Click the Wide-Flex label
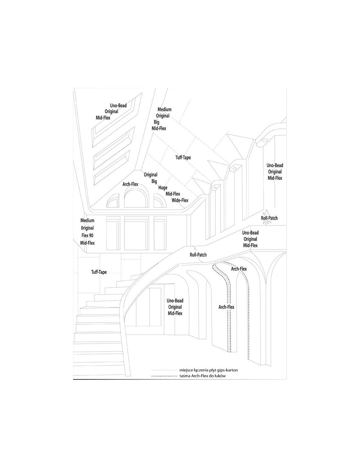(x=180, y=200)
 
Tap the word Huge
(x=163, y=188)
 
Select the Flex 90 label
(x=87, y=235)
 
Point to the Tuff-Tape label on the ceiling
(x=183, y=157)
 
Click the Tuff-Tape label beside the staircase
(x=99, y=272)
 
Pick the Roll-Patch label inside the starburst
(x=269, y=218)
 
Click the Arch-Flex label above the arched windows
(x=130, y=184)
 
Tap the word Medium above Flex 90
(x=87, y=220)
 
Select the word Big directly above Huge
(x=154, y=181)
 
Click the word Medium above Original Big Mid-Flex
(x=165, y=109)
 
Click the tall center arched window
(x=136, y=197)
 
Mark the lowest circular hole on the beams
(x=215, y=188)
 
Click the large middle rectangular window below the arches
(x=136, y=233)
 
